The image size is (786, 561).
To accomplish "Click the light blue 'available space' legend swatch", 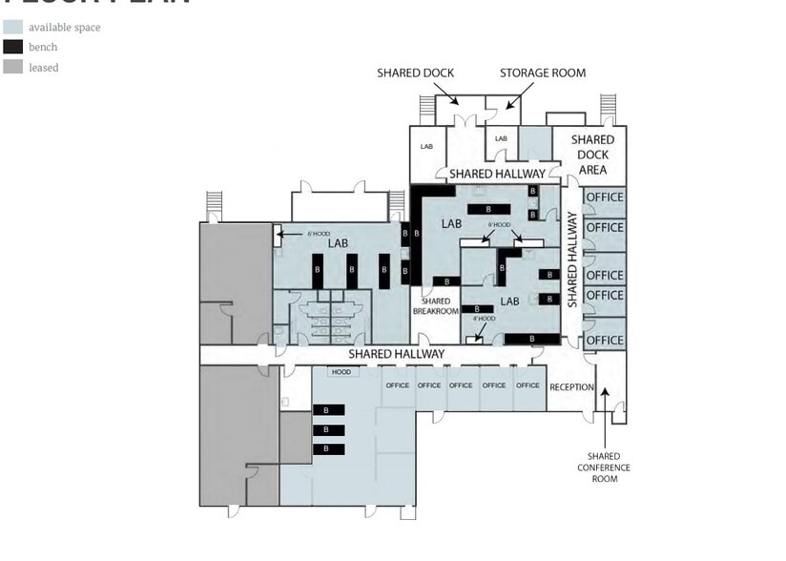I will pos(13,27).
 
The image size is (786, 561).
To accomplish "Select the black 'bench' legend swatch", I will pos(13,47).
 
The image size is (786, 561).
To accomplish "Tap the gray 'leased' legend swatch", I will pos(13,67).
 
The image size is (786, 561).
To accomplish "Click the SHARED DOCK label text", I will pos(415,73).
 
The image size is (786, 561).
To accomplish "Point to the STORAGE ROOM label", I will pos(543,73).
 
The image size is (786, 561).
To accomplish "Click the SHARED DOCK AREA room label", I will pos(592,155).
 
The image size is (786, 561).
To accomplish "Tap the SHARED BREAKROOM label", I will pos(436,306).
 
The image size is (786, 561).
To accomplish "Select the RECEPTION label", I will pos(571,386).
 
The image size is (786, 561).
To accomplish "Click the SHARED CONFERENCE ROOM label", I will pos(604,467).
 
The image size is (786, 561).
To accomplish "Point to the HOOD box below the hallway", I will pos(341,372).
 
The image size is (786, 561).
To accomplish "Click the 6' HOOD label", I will pos(318,233).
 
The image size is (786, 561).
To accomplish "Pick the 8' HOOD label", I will pos(498,226).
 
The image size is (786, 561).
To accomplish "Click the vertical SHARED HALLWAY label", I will pos(572,260).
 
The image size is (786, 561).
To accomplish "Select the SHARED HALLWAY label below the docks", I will pos(497,174).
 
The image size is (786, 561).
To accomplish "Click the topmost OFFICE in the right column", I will pos(605,197).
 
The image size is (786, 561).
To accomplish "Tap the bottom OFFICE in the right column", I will pos(605,341).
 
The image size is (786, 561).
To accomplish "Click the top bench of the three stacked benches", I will pos(327,410).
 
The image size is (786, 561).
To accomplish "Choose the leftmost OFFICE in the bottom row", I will pos(398,385).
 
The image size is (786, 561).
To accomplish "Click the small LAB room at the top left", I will pos(426,147).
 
